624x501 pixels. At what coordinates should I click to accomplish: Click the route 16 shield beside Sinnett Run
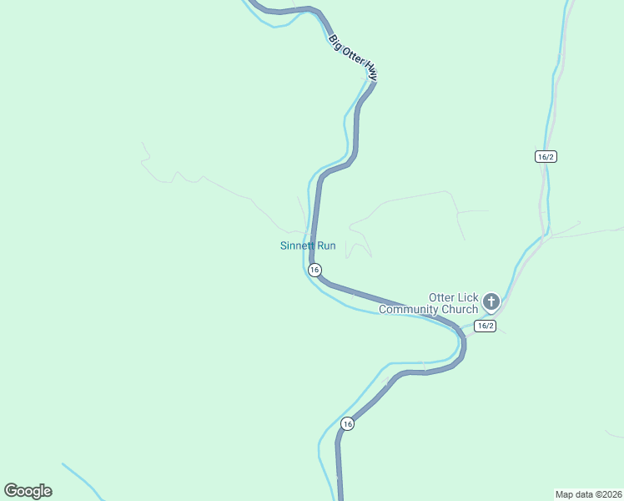315,270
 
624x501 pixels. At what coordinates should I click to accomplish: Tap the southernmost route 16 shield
347,424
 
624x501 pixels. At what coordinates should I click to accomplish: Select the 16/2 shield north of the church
546,156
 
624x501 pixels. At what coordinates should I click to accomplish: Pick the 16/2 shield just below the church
486,326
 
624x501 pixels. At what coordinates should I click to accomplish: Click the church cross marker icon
491,301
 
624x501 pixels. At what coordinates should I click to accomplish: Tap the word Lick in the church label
467,297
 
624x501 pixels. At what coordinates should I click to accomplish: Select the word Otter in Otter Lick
441,297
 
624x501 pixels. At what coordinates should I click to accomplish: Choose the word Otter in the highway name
353,57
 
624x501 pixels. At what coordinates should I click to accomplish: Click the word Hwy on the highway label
371,74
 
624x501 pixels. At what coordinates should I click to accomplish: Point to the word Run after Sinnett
326,245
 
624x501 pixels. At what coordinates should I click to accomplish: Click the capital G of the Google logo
11,491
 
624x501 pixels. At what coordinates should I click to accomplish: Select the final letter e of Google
48,492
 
